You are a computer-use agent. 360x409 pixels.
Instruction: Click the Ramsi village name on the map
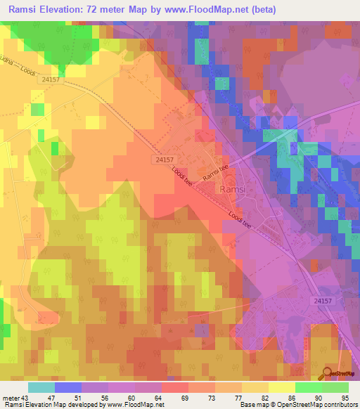click(x=232, y=190)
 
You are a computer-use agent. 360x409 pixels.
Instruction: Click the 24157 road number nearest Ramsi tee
click(x=165, y=160)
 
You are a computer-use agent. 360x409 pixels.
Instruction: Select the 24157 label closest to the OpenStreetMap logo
click(x=323, y=301)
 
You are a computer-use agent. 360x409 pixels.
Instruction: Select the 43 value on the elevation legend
click(x=26, y=398)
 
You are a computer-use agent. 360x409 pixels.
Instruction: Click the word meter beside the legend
click(x=11, y=398)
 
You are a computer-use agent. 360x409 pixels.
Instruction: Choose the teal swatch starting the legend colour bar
click(x=41, y=387)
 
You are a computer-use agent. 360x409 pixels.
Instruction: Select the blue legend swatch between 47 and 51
click(x=68, y=387)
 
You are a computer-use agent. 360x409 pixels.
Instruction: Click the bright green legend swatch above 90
click(x=309, y=387)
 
